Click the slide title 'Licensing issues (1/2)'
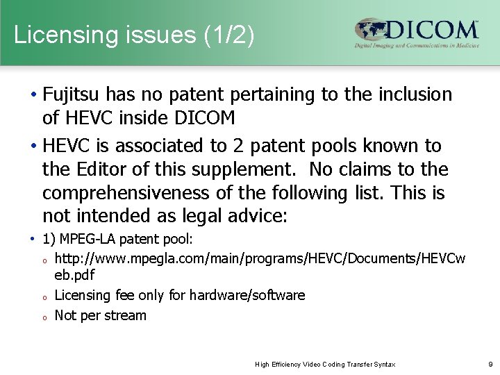134,35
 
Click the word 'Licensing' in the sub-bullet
82,295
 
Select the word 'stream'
126,315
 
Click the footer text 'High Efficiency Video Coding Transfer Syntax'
324,364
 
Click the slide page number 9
490,364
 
